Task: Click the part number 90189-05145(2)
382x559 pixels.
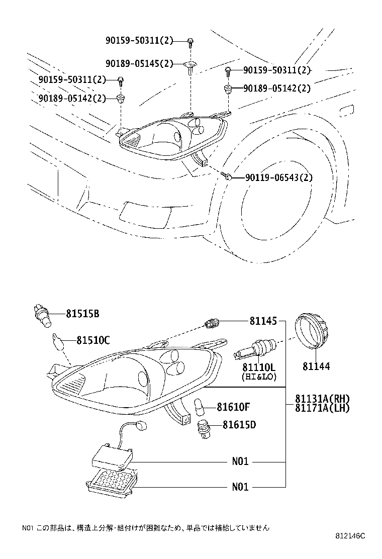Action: (x=139, y=63)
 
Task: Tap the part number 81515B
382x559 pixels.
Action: (x=82, y=314)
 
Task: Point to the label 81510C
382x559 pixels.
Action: (x=93, y=340)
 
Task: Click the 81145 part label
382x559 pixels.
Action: (x=262, y=320)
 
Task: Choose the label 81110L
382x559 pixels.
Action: (x=258, y=367)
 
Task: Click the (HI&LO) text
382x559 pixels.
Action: (x=258, y=376)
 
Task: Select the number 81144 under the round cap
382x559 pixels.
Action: (x=316, y=366)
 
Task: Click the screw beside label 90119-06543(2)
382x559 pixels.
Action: (x=226, y=176)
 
